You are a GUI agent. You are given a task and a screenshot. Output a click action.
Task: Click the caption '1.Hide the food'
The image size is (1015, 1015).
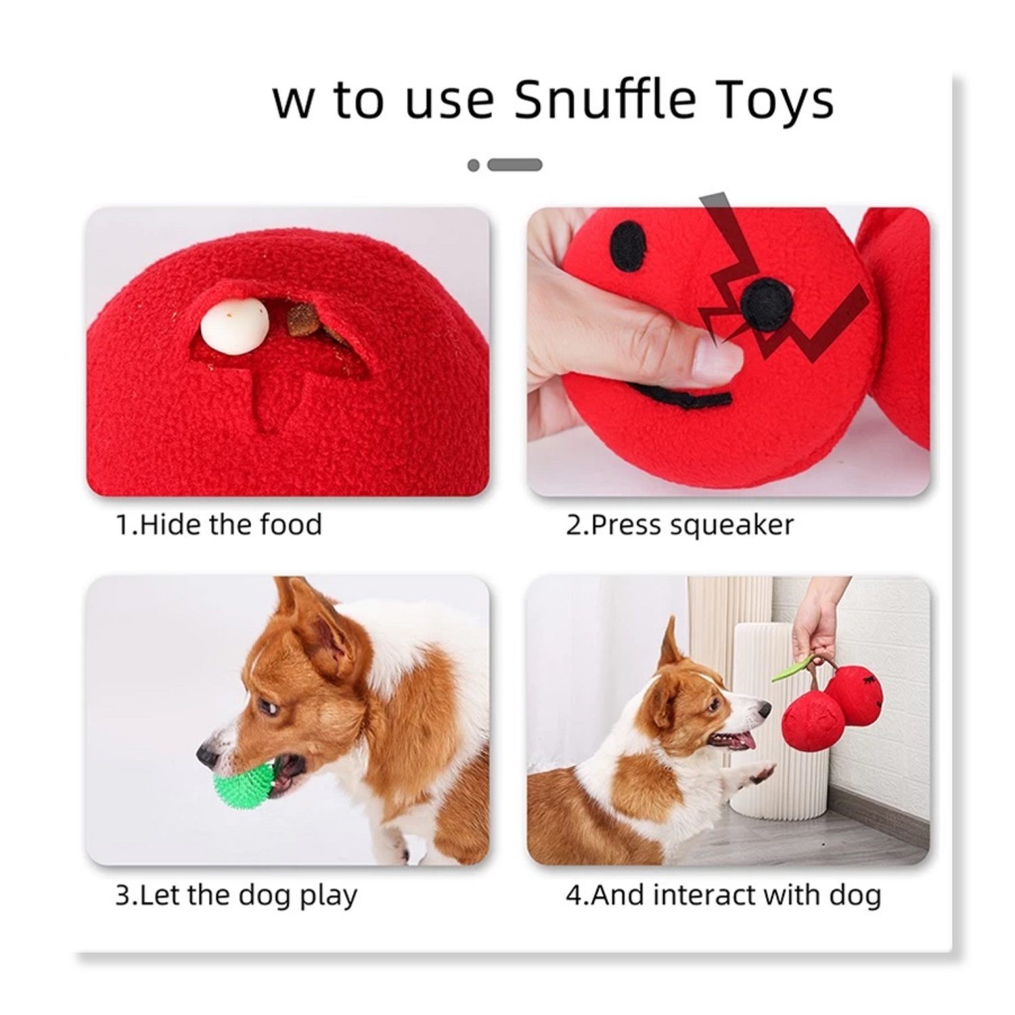click(x=219, y=525)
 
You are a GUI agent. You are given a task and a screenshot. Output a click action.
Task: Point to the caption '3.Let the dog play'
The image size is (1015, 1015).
click(x=236, y=896)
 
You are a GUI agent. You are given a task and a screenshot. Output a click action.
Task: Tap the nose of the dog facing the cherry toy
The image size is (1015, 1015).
click(x=764, y=710)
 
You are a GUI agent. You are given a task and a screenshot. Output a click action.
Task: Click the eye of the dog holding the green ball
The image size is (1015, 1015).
click(x=268, y=708)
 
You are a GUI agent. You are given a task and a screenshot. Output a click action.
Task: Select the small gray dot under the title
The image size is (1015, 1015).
click(x=474, y=165)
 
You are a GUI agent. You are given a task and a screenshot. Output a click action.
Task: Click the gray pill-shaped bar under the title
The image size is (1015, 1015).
click(x=515, y=164)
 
